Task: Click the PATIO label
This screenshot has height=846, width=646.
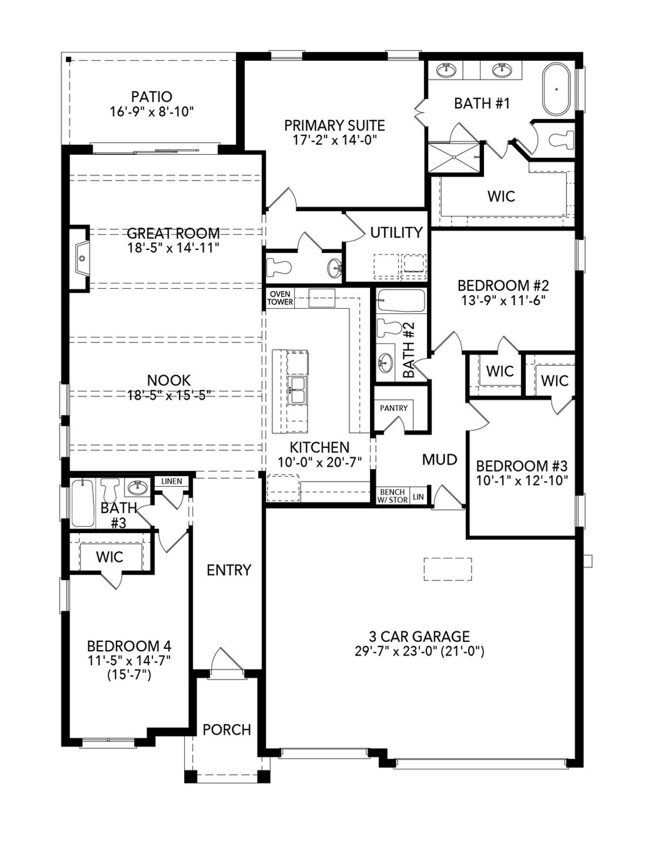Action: coord(151,96)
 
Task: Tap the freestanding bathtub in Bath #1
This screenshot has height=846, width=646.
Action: coord(557,89)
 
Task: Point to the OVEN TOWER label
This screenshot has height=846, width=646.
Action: coord(280,298)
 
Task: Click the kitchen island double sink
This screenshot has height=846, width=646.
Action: coord(297,389)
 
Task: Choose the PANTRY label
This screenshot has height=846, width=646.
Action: coord(394,408)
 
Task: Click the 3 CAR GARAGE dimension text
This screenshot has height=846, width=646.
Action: coord(419,651)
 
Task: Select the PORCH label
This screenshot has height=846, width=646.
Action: coord(227,729)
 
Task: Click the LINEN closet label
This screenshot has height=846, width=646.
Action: coord(172,481)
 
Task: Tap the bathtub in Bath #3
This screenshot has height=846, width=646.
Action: coord(82,503)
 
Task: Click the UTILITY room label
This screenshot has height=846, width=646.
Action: coord(396,233)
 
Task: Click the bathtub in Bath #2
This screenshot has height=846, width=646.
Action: coord(401,301)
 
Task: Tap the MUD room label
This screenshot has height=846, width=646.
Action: coord(440,460)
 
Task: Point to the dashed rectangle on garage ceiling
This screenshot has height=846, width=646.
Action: coord(448,570)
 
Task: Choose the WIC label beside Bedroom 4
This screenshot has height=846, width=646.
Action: coord(110,557)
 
